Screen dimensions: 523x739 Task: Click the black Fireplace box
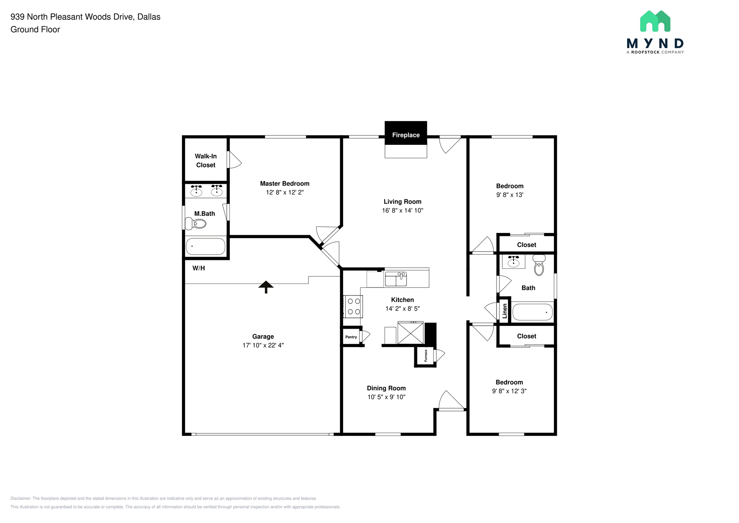pyautogui.click(x=406, y=133)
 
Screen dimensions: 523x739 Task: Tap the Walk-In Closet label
pyautogui.click(x=206, y=160)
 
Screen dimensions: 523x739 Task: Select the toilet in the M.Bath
pyautogui.click(x=196, y=224)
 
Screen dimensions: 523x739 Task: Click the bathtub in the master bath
pyautogui.click(x=205, y=246)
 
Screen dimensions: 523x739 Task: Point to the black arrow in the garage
pyautogui.click(x=266, y=286)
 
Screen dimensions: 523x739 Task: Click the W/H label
pyautogui.click(x=198, y=268)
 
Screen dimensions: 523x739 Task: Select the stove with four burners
pyautogui.click(x=353, y=306)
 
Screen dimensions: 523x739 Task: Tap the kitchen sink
pyautogui.click(x=396, y=279)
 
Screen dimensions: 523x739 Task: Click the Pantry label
pyautogui.click(x=351, y=337)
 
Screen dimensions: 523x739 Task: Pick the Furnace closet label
pyautogui.click(x=426, y=355)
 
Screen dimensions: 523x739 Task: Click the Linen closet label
pyautogui.click(x=505, y=311)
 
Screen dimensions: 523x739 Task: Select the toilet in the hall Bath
pyautogui.click(x=539, y=265)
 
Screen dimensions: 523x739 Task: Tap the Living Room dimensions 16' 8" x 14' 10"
pyautogui.click(x=402, y=210)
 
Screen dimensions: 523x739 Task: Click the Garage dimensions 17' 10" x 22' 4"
pyautogui.click(x=263, y=345)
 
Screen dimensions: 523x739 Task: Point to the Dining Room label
pyautogui.click(x=386, y=388)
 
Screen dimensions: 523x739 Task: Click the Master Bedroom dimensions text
pyautogui.click(x=285, y=192)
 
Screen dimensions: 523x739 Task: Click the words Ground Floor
pyautogui.click(x=35, y=30)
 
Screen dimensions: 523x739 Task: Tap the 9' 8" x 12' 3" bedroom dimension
pyautogui.click(x=509, y=391)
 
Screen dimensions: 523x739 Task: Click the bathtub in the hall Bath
pyautogui.click(x=532, y=312)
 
